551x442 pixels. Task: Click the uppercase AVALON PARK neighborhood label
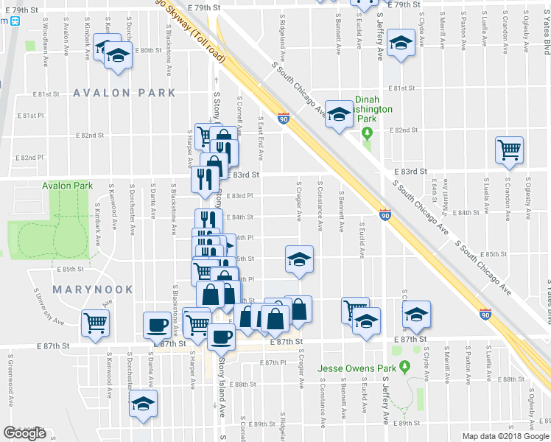[124, 93]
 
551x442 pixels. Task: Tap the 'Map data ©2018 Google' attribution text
[506, 436]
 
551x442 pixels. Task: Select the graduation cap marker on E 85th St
[299, 259]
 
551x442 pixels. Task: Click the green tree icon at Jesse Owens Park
[404, 366]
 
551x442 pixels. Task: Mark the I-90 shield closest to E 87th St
[485, 314]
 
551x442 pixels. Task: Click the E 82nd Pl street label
[32, 158]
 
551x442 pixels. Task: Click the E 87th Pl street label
[273, 362]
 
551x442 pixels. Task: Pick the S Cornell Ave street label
[239, 111]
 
